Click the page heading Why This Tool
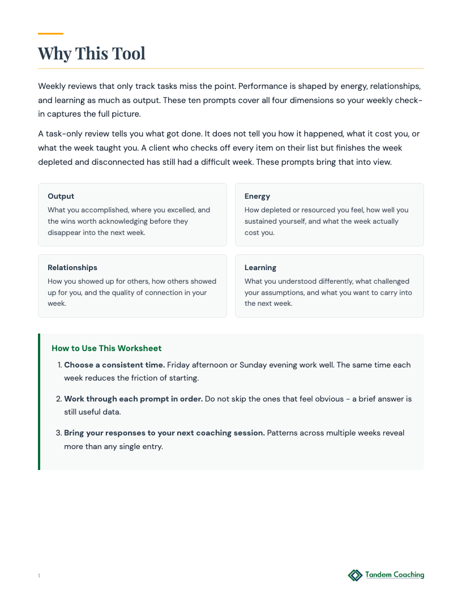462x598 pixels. tap(92, 53)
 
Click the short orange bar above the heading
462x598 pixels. tap(50, 34)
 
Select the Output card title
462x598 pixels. tap(61, 197)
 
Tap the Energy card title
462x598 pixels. tap(257, 197)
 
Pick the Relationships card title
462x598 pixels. tap(72, 268)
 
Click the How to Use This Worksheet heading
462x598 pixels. tap(106, 348)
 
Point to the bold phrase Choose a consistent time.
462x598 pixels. tap(114, 365)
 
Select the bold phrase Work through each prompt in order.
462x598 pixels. tap(133, 399)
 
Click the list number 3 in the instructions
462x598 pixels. tap(58, 433)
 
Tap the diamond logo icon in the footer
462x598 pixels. tap(355, 575)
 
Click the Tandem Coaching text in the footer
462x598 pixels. tap(395, 575)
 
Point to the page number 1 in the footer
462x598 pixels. tap(39, 576)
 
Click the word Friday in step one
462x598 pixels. tap(179, 365)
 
